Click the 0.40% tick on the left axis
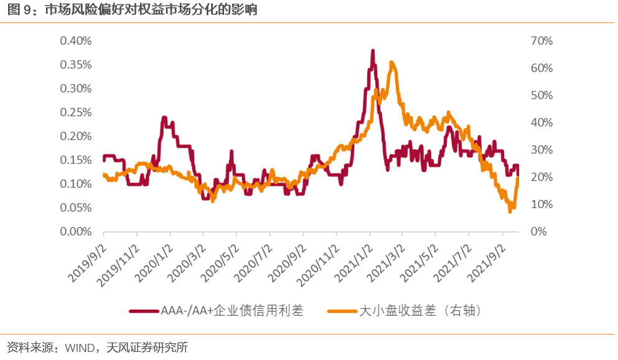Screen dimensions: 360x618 point(75,41)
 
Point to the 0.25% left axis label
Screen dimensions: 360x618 point(75,113)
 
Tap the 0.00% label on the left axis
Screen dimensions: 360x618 point(75,232)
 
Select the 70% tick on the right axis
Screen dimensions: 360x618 point(541,41)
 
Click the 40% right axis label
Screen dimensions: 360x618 point(541,123)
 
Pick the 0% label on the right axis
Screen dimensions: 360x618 point(538,232)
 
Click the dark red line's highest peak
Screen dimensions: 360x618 point(373,50)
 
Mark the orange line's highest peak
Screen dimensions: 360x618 point(391,62)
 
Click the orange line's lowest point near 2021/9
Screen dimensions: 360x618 point(510,212)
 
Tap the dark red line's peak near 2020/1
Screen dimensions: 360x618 point(164,117)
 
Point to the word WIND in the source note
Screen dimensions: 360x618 point(77,347)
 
